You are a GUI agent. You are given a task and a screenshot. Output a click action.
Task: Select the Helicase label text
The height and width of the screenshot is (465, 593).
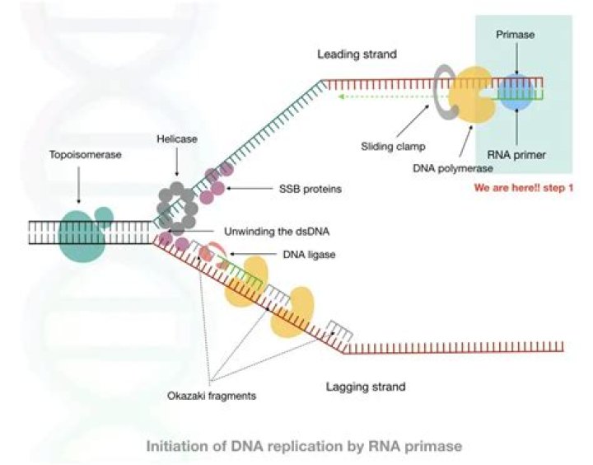coord(174,140)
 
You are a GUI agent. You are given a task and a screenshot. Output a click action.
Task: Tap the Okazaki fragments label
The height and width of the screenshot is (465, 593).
coord(210,396)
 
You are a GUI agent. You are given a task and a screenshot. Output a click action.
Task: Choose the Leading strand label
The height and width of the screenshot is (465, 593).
coord(357,54)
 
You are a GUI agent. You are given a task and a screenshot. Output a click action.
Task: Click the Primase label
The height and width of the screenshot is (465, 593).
coord(516,36)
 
